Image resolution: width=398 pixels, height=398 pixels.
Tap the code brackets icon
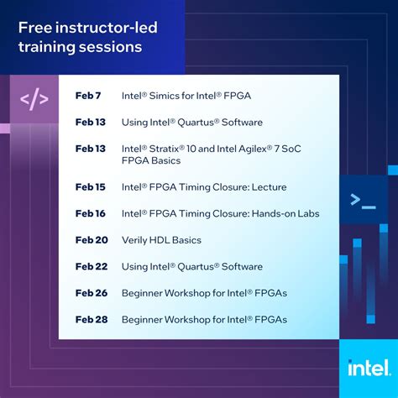(x=34, y=99)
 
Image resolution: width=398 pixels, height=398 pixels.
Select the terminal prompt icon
(x=363, y=199)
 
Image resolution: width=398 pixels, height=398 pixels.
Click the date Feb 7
(x=87, y=95)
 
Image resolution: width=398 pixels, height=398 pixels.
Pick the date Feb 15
(x=90, y=186)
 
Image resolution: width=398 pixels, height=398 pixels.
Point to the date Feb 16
(x=90, y=213)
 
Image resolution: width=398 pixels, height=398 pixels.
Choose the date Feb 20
(x=91, y=240)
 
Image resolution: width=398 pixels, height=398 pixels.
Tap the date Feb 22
(x=91, y=266)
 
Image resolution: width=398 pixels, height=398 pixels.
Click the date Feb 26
(x=91, y=293)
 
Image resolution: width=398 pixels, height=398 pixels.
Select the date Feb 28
(x=91, y=319)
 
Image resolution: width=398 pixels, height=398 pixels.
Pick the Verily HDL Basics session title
(x=161, y=240)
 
